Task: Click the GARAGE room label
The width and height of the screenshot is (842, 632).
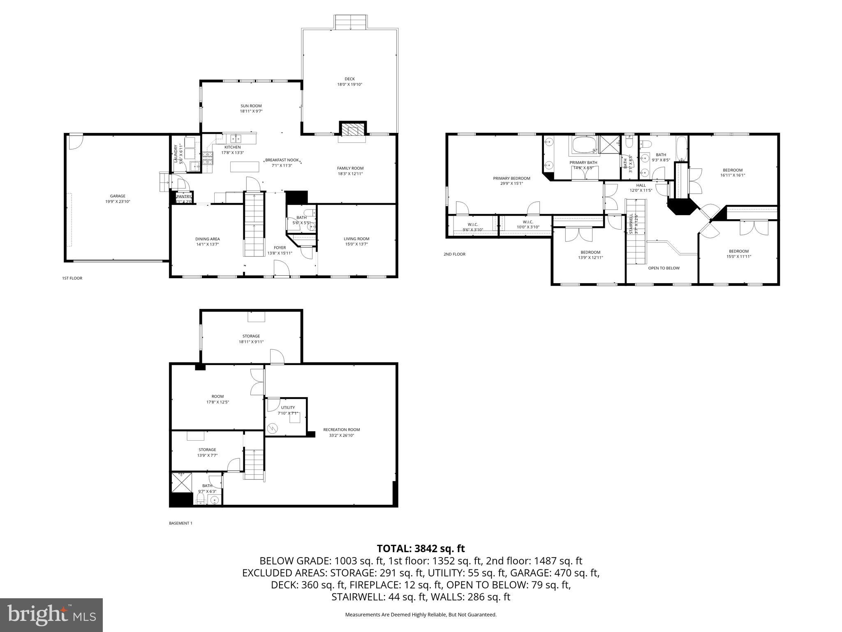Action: (118, 199)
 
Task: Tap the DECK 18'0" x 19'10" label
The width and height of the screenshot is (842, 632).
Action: (349, 81)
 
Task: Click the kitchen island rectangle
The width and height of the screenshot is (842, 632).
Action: (245, 167)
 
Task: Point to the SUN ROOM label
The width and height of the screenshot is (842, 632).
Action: (251, 108)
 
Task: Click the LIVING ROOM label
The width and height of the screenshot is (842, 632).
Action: (356, 241)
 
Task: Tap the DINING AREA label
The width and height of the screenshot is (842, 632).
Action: (207, 241)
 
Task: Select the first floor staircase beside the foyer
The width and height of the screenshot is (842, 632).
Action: (254, 224)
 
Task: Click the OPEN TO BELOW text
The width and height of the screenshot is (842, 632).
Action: (664, 268)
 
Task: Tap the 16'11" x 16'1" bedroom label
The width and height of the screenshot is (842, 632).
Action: (733, 172)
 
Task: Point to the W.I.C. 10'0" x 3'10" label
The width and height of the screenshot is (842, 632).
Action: (528, 224)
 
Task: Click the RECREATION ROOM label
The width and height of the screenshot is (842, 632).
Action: (341, 432)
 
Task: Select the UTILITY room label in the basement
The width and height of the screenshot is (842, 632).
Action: (288, 410)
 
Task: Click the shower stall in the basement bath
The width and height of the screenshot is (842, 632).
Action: (181, 482)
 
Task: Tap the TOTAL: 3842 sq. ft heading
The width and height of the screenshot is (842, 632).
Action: (421, 548)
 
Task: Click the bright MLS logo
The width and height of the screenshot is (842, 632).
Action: (51, 615)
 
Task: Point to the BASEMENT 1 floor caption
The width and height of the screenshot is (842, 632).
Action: (180, 523)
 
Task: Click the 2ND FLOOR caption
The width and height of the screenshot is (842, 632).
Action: (454, 254)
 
